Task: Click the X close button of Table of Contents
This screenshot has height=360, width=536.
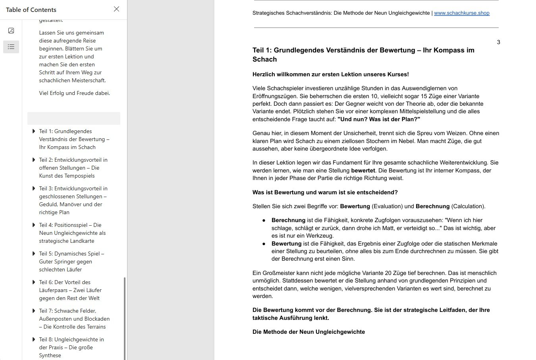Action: (116, 9)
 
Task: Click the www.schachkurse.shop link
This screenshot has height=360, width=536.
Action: (461, 13)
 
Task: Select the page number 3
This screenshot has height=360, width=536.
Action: (498, 42)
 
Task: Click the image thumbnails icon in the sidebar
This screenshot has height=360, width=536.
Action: (11, 31)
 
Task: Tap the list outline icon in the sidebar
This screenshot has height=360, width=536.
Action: (11, 47)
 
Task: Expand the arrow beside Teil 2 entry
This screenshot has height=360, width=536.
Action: (34, 160)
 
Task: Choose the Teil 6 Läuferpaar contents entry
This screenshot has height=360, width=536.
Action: (70, 290)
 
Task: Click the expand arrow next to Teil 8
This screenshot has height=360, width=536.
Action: (34, 339)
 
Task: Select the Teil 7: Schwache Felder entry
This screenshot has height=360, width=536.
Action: (74, 319)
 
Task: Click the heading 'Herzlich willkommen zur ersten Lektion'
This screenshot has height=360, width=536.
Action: (330, 74)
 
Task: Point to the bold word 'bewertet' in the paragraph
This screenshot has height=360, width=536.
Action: (363, 170)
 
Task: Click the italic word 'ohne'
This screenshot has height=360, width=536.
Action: (352, 251)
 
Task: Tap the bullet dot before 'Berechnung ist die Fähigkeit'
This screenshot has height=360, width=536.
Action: (264, 221)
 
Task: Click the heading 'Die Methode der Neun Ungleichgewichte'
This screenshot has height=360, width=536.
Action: (308, 332)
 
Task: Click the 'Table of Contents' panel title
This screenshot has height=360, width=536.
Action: (31, 10)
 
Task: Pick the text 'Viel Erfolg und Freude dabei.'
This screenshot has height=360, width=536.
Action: (74, 93)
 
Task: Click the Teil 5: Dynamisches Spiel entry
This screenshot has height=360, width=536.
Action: (71, 261)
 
